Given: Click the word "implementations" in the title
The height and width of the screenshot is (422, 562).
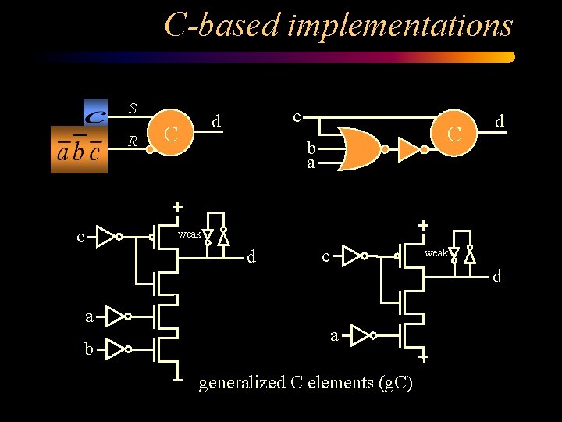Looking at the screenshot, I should pos(400,26).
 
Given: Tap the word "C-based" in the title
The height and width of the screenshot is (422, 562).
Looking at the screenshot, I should pos(222,26).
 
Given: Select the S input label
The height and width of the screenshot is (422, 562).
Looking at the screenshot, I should pos(133,109).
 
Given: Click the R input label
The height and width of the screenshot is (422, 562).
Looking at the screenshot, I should pos(133,141).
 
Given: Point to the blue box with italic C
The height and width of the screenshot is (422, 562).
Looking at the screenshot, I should pos(95,113).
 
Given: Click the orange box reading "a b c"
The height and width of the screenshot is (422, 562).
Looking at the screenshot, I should pos(79,149).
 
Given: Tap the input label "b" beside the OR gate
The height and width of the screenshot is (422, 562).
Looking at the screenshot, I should pos(311,148).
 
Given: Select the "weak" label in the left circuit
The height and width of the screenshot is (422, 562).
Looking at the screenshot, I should pos(189,234).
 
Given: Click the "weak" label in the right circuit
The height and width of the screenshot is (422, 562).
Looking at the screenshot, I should pos(436,252).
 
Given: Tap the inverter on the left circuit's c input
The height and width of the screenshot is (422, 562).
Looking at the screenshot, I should pos(107,235).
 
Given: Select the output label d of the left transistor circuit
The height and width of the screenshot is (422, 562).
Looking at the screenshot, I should pos(251,256).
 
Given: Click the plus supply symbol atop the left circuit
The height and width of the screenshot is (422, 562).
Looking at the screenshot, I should pos(177,206).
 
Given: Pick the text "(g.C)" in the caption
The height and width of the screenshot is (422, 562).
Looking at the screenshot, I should pos(395,383).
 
